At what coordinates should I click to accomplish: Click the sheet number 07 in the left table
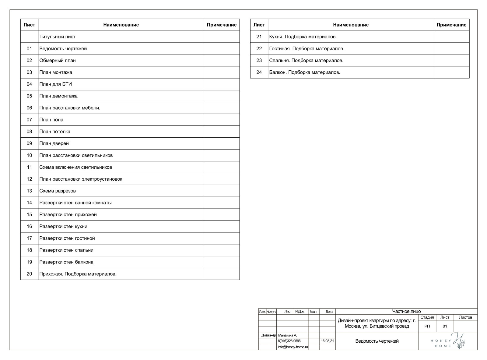[29, 120]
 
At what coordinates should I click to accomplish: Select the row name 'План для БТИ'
[55, 84]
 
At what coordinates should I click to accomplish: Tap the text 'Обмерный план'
[58, 60]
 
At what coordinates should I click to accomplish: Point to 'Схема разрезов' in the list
[58, 191]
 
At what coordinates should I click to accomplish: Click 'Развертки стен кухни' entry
[63, 226]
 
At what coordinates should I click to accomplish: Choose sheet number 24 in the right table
[259, 72]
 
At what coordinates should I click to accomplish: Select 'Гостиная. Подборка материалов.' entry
[307, 48]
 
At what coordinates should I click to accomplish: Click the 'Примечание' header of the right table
[451, 25]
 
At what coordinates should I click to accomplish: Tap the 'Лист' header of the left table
[29, 25]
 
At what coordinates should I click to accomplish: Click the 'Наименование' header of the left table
[121, 25]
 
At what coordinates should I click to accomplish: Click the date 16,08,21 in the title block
[327, 341]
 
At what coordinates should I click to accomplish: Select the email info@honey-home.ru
[293, 347]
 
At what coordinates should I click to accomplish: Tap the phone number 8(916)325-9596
[289, 341]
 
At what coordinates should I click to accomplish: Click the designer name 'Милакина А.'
[287, 335]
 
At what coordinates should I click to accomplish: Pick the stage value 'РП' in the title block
[427, 326]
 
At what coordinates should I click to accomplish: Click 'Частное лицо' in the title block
[406, 311]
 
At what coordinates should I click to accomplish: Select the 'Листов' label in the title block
[465, 317]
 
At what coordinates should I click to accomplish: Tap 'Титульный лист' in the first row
[57, 37]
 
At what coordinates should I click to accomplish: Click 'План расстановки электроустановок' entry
[81, 179]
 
